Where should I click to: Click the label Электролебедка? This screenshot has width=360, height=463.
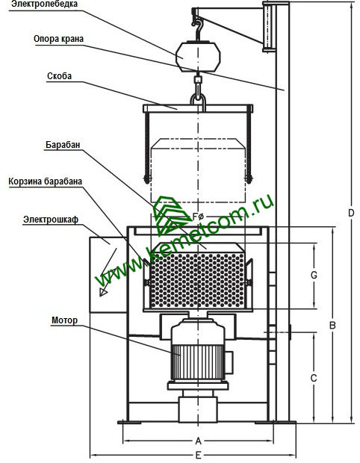tap(44, 4)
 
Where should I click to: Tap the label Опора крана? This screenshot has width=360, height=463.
tap(58, 39)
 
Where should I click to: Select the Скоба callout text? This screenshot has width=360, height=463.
tap(59, 76)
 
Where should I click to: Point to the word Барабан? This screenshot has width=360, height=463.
tap(63, 145)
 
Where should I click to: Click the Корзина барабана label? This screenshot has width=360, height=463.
tap(45, 181)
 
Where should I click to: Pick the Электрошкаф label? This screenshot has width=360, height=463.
tap(51, 220)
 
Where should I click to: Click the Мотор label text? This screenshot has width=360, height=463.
tap(65, 320)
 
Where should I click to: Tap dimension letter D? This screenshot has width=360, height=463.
tap(351, 213)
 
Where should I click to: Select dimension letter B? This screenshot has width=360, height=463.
tap(332, 325)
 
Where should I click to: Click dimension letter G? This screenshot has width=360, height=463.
tap(314, 275)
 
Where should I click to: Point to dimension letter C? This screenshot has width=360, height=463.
tap(314, 378)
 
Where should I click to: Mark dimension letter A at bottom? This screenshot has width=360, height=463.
tap(198, 441)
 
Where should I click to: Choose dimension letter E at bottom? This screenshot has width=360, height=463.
tap(198, 456)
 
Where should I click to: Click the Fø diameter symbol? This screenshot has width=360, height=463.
tap(198, 217)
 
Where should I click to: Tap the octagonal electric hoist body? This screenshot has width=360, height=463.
tap(198, 57)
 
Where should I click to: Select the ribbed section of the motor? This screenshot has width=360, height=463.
tap(198, 362)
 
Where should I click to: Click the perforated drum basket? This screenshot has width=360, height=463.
tap(197, 280)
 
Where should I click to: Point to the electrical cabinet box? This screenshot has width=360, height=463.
tap(108, 275)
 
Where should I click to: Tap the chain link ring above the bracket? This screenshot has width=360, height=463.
tap(198, 99)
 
